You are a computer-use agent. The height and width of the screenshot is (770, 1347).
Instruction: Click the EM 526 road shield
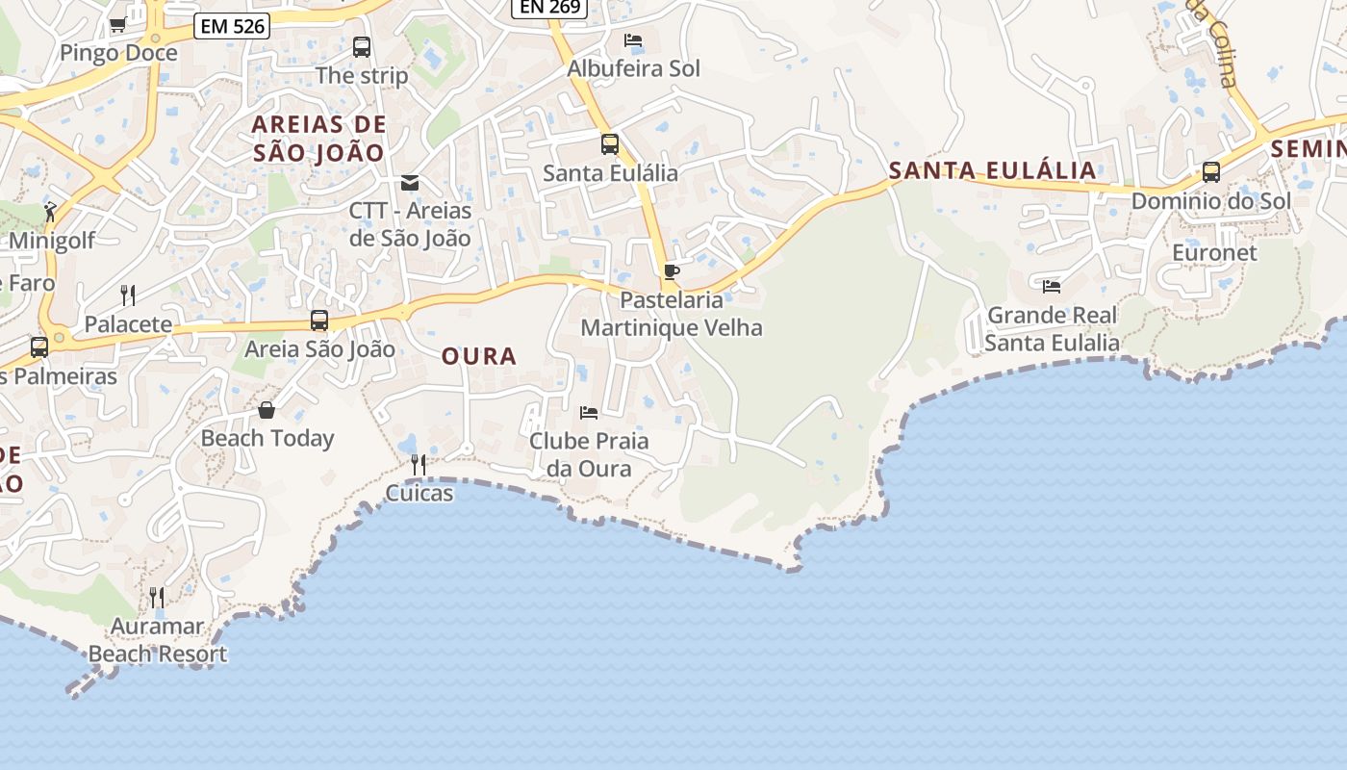232,26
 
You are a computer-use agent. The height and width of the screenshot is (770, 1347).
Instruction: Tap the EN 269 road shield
548,8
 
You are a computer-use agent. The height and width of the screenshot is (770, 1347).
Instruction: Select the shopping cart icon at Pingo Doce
117,25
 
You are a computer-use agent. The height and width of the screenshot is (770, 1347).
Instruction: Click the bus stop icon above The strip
362,46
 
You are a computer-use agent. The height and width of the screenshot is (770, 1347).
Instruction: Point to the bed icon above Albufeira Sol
633,40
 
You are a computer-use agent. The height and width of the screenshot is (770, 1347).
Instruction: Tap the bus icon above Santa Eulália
610,144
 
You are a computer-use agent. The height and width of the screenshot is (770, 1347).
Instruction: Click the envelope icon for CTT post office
410,182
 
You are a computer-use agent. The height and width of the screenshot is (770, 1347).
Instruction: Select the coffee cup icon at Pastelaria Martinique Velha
672,272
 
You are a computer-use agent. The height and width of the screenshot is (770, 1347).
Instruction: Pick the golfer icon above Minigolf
51,212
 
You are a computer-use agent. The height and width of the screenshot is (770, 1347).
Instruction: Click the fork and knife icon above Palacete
128,295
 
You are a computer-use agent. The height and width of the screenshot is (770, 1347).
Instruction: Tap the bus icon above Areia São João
319,321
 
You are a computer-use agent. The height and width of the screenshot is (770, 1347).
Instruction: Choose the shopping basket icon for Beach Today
267,410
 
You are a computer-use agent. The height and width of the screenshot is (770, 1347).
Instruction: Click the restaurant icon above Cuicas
419,465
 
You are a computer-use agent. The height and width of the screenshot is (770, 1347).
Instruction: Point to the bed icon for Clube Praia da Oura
589,413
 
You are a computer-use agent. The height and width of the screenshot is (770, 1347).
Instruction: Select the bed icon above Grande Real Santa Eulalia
1052,286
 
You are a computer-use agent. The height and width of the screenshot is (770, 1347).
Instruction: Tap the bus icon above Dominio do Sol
1211,172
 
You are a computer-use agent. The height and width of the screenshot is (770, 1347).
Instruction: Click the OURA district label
479,356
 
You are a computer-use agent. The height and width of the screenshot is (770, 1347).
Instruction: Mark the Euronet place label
1214,252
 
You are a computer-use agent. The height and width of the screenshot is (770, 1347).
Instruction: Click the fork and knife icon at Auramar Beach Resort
157,597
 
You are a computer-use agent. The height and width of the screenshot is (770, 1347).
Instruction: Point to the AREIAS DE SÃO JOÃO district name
318,138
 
